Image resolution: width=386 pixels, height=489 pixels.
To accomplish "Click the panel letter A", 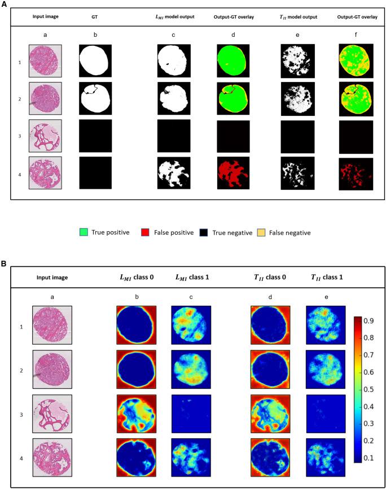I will pos(4,3).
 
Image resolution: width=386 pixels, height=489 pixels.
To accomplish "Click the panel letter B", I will pos(4,263).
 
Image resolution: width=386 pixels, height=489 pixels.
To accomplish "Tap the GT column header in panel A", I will pos(94,16).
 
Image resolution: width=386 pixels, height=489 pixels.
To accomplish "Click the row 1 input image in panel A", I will pos(45,60).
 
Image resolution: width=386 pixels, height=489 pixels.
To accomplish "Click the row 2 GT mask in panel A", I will pos(95,97).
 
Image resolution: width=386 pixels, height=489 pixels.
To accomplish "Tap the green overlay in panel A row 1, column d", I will pos(233,60).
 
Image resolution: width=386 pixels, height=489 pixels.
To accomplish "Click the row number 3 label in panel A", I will pos(19,135).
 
